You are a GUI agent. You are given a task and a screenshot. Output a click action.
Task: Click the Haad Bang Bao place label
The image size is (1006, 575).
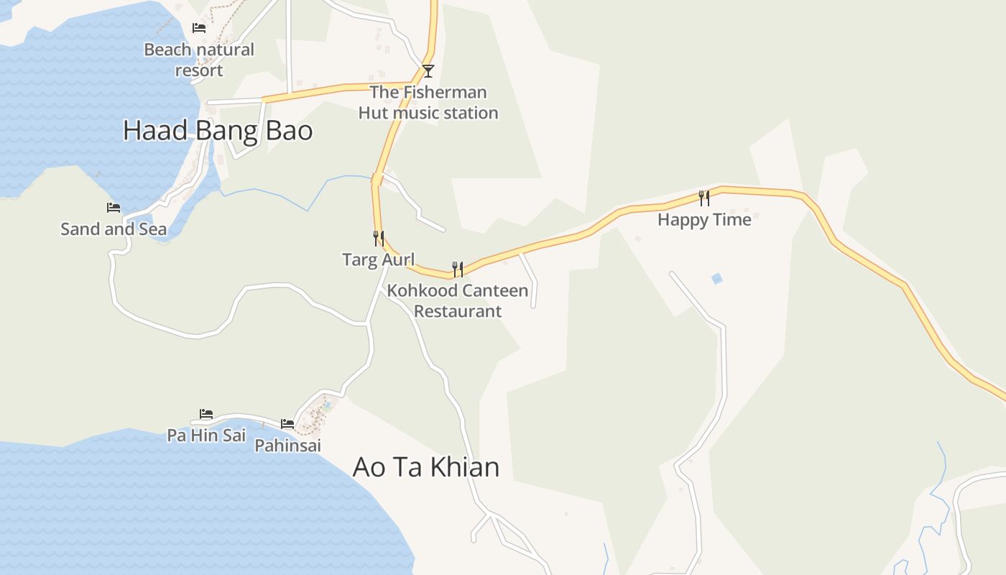tap(218, 131)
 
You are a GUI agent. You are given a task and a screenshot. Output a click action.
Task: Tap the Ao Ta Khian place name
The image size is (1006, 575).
tap(426, 467)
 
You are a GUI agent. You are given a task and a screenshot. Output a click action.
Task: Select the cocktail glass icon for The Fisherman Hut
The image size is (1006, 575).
tap(428, 70)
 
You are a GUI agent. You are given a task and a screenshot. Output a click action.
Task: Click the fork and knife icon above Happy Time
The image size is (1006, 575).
tap(704, 198)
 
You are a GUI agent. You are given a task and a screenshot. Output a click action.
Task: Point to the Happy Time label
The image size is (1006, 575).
tap(704, 219)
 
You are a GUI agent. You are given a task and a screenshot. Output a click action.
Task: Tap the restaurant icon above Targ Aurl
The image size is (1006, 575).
tap(379, 238)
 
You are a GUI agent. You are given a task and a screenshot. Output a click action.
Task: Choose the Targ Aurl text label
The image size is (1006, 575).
tap(379, 259)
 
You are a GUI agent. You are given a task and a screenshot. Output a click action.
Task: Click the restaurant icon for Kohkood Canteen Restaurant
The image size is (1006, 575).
tap(457, 269)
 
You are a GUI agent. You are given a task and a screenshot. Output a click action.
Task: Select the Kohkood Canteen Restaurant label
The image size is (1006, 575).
tap(458, 300)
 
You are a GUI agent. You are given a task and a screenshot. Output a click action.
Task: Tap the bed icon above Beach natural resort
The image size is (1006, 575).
tap(199, 28)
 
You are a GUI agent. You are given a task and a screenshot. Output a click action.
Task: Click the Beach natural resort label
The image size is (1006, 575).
tap(199, 60)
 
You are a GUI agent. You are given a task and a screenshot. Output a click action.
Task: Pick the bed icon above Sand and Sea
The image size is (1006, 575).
tap(114, 208)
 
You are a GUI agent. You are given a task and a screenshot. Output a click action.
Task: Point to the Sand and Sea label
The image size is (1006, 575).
tap(114, 229)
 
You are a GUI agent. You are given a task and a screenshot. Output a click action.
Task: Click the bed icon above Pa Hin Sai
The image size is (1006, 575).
tap(206, 414)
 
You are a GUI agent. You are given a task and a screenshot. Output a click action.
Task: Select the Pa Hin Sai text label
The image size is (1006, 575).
tap(206, 435)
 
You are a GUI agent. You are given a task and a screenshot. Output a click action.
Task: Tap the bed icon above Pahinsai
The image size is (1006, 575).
tap(287, 424)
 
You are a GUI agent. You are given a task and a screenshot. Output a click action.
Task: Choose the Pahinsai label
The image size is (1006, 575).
tap(287, 446)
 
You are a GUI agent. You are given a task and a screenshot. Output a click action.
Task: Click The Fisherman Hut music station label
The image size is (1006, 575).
tap(428, 102)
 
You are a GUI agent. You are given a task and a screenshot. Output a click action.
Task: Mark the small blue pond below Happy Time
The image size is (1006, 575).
tap(716, 278)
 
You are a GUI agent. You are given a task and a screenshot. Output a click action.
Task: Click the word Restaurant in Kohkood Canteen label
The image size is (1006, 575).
tap(458, 311)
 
